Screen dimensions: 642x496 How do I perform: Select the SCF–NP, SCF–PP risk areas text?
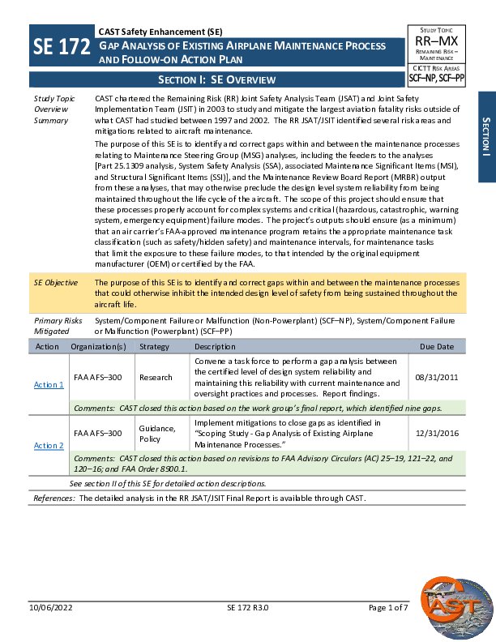pyautogui.click(x=436, y=79)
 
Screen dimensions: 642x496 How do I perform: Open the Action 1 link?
pyautogui.click(x=49, y=384)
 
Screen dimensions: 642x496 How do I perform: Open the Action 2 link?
pyautogui.click(x=49, y=445)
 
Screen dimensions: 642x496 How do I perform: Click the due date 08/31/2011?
pyautogui.click(x=437, y=377)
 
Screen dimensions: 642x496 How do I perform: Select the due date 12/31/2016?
pyautogui.click(x=437, y=433)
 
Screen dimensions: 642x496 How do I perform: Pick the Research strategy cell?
pyautogui.click(x=156, y=377)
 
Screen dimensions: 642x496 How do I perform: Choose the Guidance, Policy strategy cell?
pyautogui.click(x=157, y=433)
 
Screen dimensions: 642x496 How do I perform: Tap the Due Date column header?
pyautogui.click(x=437, y=346)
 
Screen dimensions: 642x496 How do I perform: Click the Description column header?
pyautogui.click(x=215, y=346)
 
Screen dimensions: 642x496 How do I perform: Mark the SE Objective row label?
pyautogui.click(x=56, y=283)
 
